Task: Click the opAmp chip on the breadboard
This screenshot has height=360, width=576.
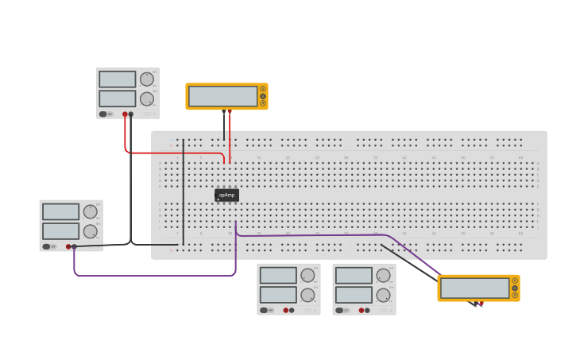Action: coord(226,195)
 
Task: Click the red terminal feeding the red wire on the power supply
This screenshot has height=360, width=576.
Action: coord(125,114)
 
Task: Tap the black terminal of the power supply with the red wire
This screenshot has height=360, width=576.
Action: coord(131,114)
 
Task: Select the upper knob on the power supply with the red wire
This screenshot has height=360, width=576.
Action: coord(147,79)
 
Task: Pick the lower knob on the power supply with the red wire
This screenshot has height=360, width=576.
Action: coord(147,99)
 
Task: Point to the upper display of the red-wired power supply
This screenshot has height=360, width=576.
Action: coord(117,79)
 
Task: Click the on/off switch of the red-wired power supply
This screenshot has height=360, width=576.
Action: coord(103,114)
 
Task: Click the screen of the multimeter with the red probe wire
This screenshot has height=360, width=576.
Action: coord(222,96)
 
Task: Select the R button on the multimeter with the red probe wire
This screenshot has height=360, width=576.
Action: coord(263,103)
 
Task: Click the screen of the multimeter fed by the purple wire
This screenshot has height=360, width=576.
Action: coord(474,288)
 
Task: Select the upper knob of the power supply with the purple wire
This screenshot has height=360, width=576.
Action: coord(90,211)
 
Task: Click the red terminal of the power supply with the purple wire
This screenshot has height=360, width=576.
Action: coord(68,247)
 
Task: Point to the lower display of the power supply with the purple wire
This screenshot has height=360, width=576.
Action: coord(60,231)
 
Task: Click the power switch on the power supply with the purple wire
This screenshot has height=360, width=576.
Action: coord(46,247)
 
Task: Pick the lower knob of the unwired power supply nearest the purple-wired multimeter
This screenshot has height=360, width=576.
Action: coord(383,295)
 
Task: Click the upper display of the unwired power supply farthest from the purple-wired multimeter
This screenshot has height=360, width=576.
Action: coord(278,275)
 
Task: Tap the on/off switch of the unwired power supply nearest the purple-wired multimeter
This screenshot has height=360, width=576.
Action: coord(339,311)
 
